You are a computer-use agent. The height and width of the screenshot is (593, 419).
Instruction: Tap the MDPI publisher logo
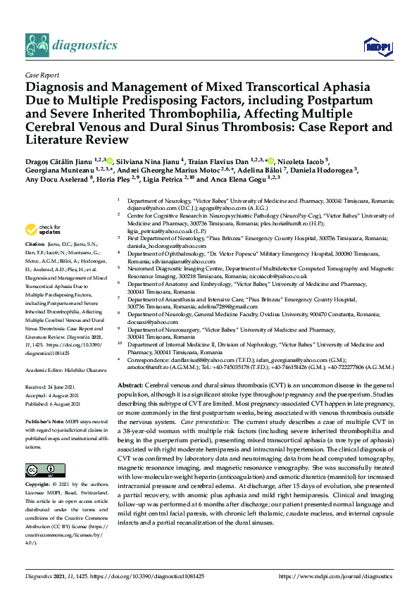point(378,47)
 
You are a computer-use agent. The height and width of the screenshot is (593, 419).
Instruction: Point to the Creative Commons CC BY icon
point(41,470)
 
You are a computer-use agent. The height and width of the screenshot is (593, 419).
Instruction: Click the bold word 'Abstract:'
point(130,387)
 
